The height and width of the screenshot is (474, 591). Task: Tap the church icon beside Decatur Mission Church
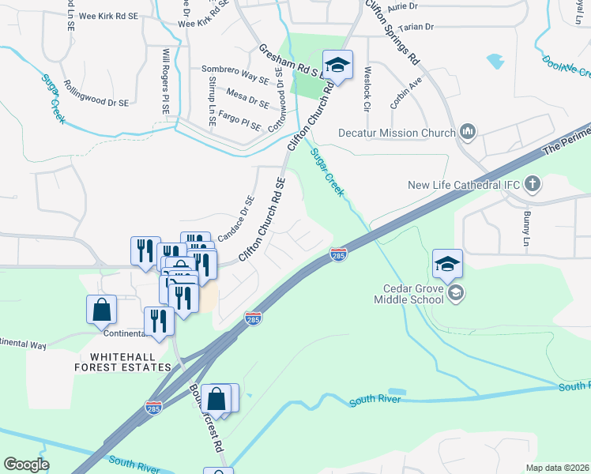(x=466, y=132)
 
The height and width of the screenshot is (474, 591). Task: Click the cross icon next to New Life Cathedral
(x=533, y=185)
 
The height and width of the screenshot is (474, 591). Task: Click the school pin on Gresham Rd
(x=337, y=66)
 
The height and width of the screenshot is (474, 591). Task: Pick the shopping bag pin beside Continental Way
(x=102, y=310)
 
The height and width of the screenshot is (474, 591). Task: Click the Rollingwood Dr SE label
(x=96, y=93)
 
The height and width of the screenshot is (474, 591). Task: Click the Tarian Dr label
(x=419, y=26)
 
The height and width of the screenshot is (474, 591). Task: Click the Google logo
(x=26, y=465)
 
